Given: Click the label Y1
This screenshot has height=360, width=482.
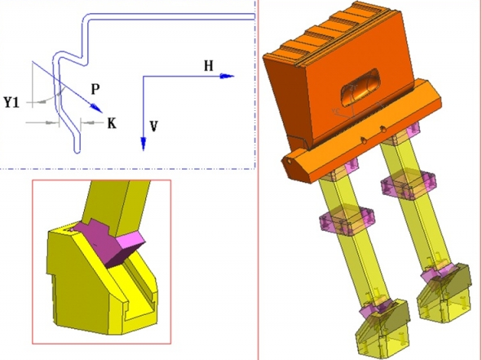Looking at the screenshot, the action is (11, 102).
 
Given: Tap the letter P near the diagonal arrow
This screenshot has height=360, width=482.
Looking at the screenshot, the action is (95, 89).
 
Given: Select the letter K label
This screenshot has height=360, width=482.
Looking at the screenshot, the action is (112, 123).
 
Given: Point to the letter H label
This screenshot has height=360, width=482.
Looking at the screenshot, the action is (209, 66).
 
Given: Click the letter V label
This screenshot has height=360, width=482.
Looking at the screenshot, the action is (153, 127).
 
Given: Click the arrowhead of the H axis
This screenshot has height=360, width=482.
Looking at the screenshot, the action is (228, 76).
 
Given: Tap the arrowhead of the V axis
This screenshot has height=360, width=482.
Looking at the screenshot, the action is (144, 144).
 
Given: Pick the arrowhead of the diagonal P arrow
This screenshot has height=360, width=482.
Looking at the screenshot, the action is (96, 108).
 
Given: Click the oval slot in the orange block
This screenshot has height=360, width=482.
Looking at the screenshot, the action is (360, 87).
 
